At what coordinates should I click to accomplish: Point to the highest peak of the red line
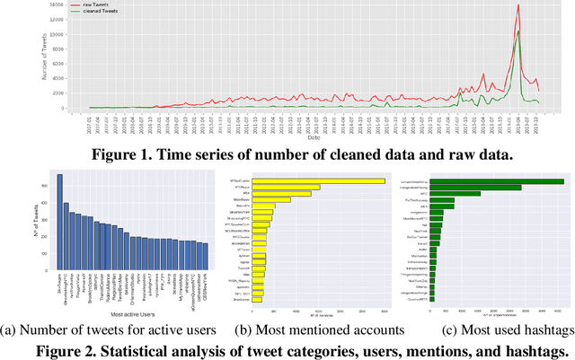tap(517, 6)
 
